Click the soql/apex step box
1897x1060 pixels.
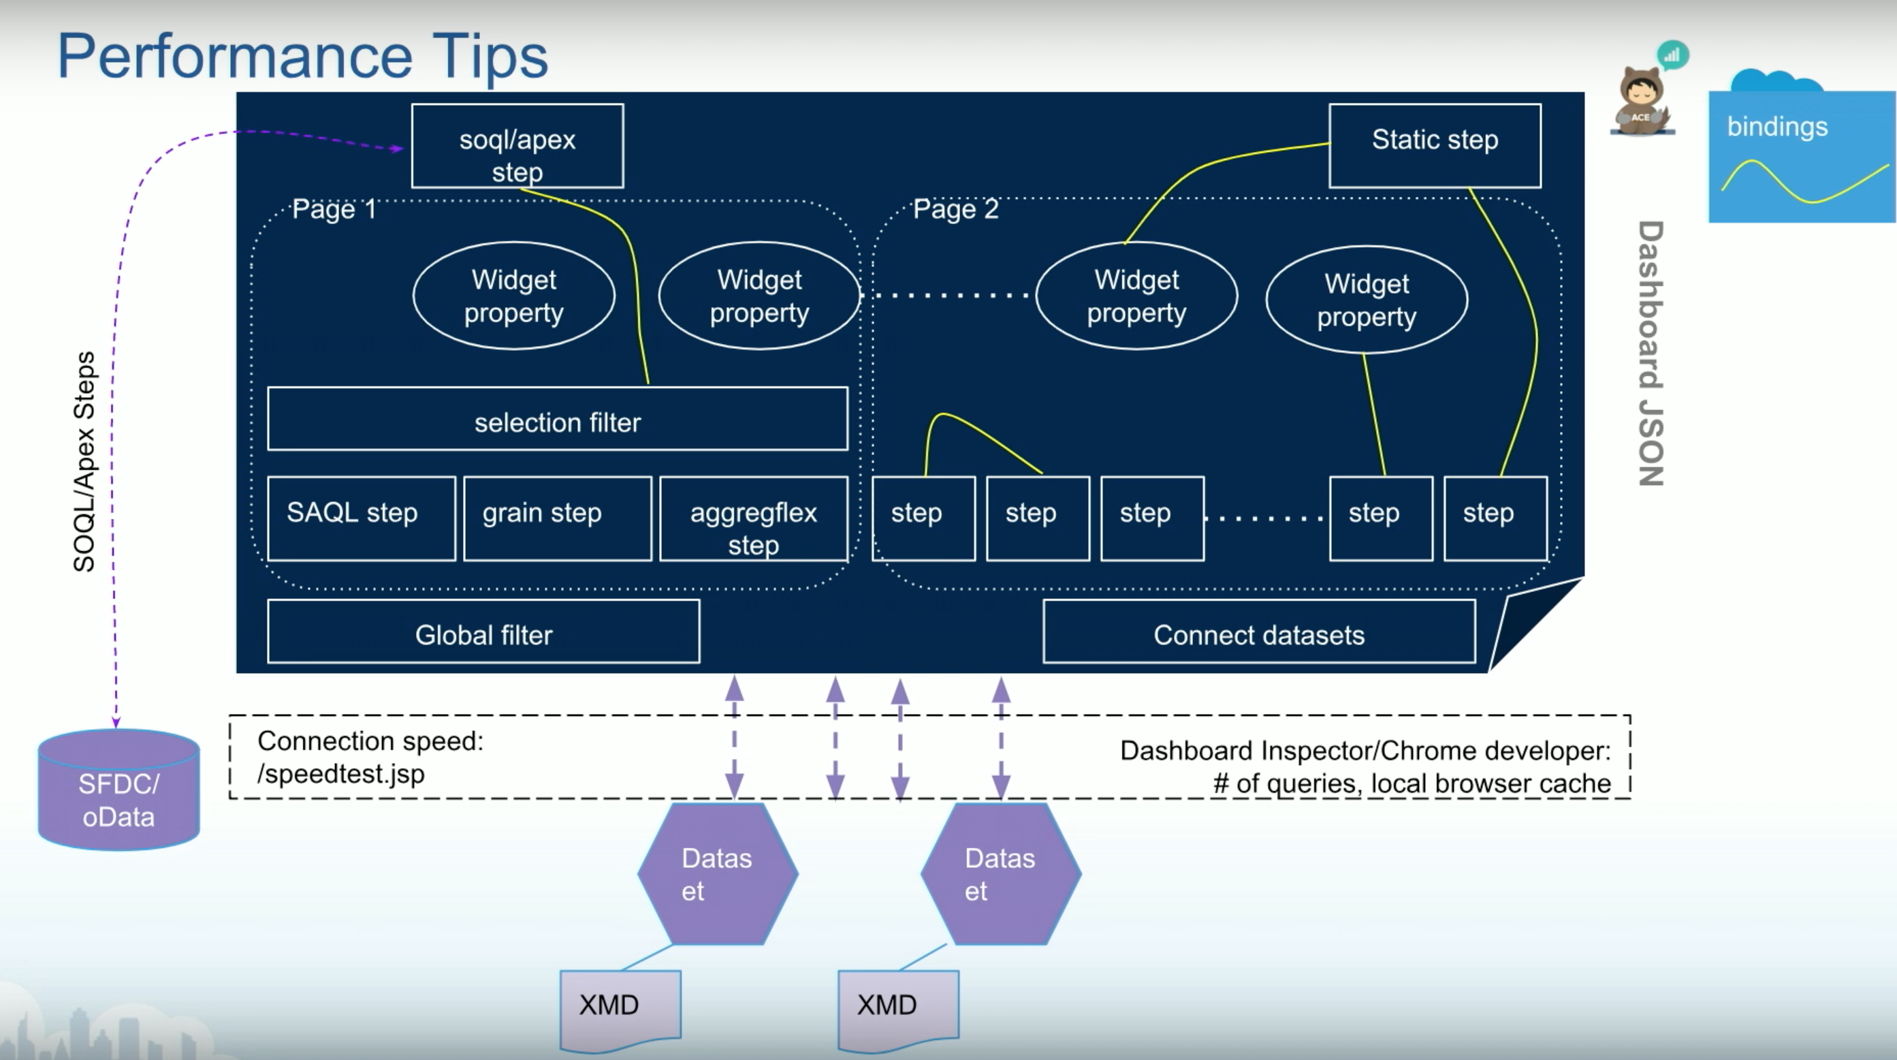coord(517,146)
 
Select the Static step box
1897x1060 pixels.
coord(1435,146)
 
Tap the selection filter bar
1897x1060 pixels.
coord(558,418)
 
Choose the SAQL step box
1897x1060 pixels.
coord(361,518)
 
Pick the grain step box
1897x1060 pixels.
coord(558,518)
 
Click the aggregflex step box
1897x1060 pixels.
coord(753,518)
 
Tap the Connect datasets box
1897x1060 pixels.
coord(1259,632)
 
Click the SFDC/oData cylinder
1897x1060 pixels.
coord(118,790)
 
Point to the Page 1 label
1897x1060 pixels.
coord(334,209)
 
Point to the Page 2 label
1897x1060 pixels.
coord(956,209)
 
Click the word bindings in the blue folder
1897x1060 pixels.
coord(1777,127)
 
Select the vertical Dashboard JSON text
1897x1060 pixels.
coord(1651,354)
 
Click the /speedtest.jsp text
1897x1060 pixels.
coord(340,774)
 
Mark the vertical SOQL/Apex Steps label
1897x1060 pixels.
coord(84,462)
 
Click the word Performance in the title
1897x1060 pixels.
coord(235,56)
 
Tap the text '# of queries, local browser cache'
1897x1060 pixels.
coord(1412,783)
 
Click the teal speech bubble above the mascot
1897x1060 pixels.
coord(1672,55)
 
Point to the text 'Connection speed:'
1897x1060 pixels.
coord(370,741)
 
